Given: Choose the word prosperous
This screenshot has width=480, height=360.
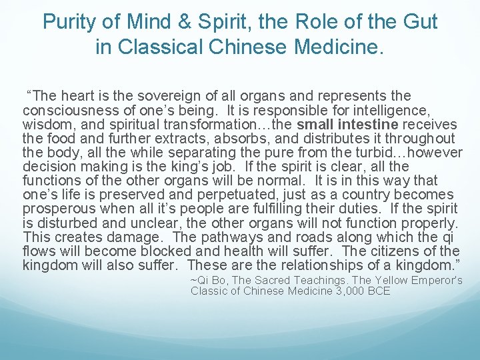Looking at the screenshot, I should coord(57,208).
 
